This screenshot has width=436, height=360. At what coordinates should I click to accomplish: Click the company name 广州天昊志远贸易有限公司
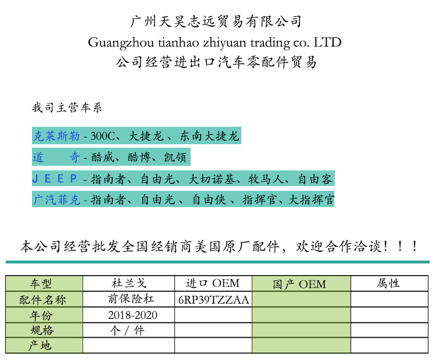click(215, 22)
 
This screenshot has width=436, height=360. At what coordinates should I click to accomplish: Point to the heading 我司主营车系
click(67, 108)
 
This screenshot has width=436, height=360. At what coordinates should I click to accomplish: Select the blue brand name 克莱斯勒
click(56, 137)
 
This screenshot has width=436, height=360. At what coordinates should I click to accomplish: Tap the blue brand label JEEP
click(56, 179)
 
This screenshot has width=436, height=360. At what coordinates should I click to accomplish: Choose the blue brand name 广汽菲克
click(56, 199)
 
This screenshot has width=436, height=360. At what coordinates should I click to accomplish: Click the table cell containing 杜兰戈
click(128, 284)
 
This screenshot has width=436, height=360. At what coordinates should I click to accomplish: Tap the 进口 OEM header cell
click(213, 284)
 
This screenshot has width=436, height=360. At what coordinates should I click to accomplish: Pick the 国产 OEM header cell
click(300, 284)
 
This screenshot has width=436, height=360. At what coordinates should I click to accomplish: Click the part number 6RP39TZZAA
click(213, 300)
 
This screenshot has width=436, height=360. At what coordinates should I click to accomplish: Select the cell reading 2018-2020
click(133, 315)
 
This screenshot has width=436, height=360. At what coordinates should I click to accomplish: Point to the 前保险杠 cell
click(128, 300)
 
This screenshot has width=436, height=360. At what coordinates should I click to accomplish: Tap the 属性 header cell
click(388, 284)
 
